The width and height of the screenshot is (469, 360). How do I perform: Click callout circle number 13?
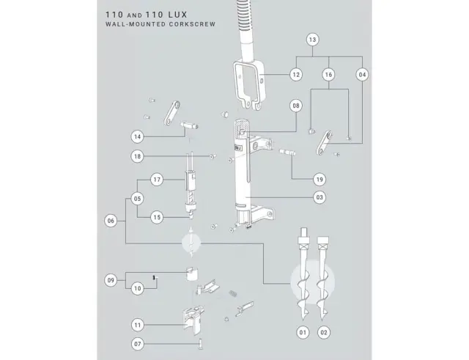click(x=313, y=40)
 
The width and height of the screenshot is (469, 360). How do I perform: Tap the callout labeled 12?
click(x=296, y=75)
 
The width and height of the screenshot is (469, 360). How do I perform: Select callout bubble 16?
click(x=328, y=75)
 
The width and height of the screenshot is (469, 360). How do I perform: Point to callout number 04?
click(x=362, y=75)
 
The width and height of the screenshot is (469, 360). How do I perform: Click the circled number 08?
click(x=296, y=106)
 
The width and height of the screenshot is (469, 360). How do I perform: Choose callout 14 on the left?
click(x=137, y=137)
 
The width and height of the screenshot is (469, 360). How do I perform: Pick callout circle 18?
click(x=137, y=156)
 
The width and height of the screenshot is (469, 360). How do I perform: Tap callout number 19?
click(x=320, y=180)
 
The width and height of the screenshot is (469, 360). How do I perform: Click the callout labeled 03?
click(x=320, y=197)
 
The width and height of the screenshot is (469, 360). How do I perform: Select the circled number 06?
click(x=111, y=221)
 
